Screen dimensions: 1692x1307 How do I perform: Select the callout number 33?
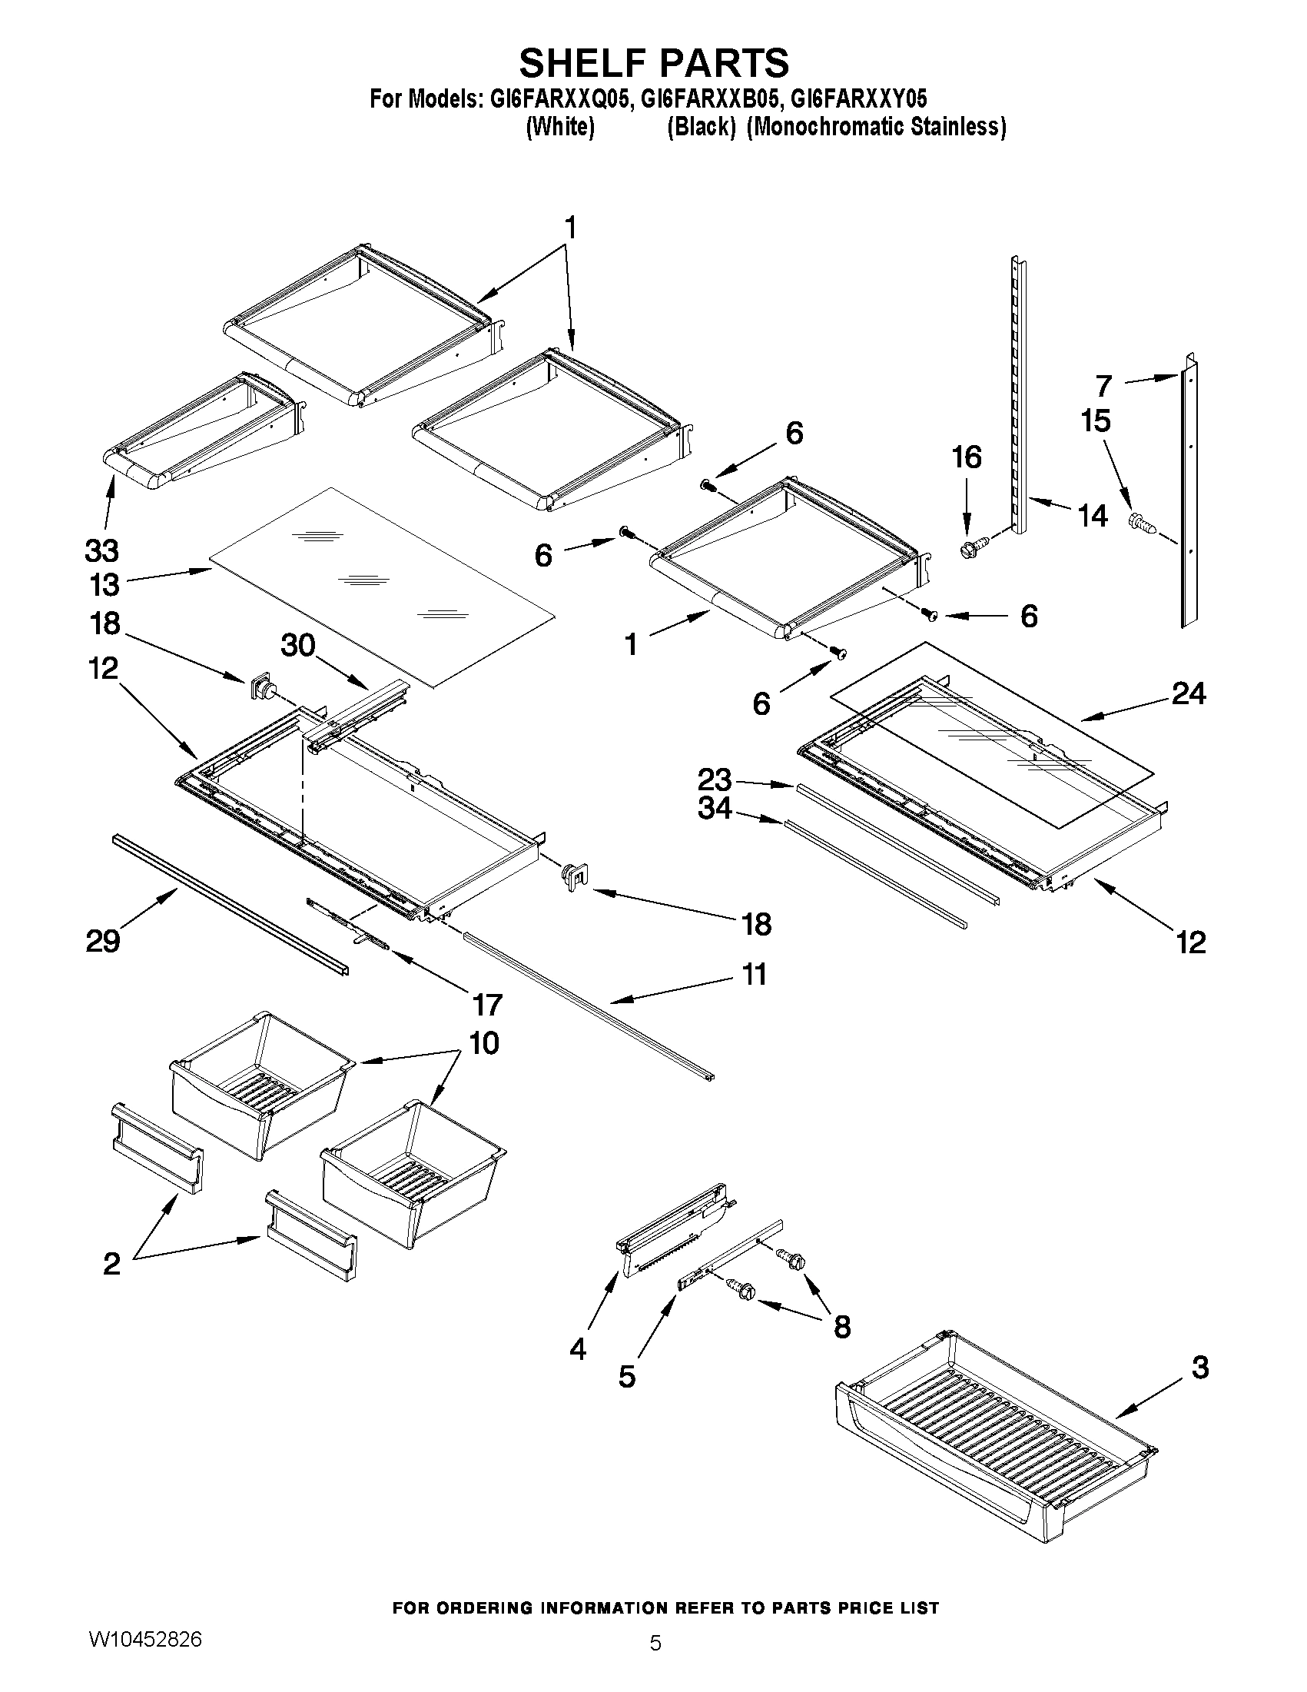click(x=101, y=551)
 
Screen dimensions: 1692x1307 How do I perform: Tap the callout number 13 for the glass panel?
click(x=104, y=585)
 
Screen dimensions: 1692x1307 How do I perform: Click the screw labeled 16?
click(x=968, y=550)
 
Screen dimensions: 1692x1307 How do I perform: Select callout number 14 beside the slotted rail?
click(x=1093, y=515)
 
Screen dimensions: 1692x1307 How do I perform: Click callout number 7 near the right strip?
click(x=1103, y=385)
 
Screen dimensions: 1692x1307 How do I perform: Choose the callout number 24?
click(x=1188, y=693)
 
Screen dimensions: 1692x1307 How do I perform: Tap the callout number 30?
click(x=298, y=644)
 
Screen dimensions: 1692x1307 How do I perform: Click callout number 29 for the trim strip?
click(x=103, y=941)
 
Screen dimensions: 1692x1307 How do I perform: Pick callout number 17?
click(x=487, y=1005)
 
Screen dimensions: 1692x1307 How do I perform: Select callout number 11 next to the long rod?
click(x=753, y=974)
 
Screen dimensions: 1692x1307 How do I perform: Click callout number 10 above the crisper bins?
click(x=484, y=1043)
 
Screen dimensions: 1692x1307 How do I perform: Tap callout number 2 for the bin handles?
click(x=111, y=1264)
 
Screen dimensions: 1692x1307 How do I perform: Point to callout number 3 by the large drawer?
click(x=1199, y=1368)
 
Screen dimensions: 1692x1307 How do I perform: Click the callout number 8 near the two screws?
click(x=841, y=1327)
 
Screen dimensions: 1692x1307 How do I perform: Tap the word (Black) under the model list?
click(x=701, y=126)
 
